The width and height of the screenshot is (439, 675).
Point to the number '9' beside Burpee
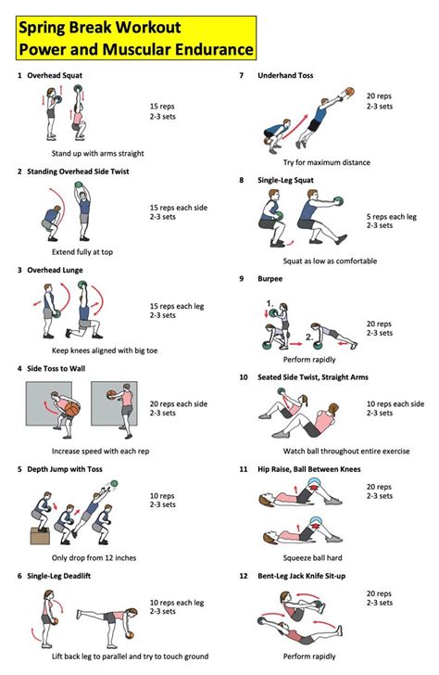coord(242,278)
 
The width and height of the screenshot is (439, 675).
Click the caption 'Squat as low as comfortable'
coord(317,261)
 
